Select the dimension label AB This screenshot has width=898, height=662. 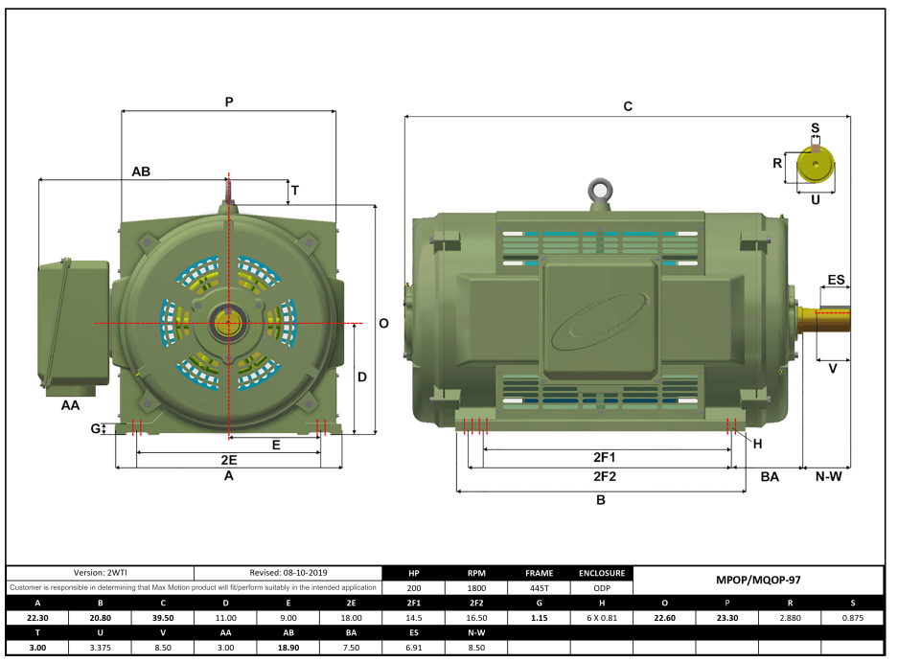click(x=141, y=171)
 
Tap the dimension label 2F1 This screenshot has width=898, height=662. click(x=604, y=457)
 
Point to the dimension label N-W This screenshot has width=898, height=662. click(x=827, y=476)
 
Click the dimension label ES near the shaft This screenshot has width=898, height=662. click(x=836, y=280)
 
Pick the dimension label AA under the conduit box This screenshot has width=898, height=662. click(x=70, y=406)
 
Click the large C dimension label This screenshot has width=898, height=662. click(x=628, y=106)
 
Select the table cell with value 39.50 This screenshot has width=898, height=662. click(x=162, y=618)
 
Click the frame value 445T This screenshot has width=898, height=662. click(x=540, y=588)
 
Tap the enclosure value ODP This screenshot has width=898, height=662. click(x=602, y=588)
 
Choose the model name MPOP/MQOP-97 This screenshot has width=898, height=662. click(x=757, y=580)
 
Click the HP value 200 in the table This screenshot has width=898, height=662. click(x=414, y=588)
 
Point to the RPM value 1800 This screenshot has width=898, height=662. click(x=476, y=588)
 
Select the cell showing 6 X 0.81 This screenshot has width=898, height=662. click(x=602, y=618)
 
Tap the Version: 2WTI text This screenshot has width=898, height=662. click(x=101, y=572)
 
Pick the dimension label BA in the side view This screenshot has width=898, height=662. click(x=770, y=476)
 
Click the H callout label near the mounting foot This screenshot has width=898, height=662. click(x=757, y=444)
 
